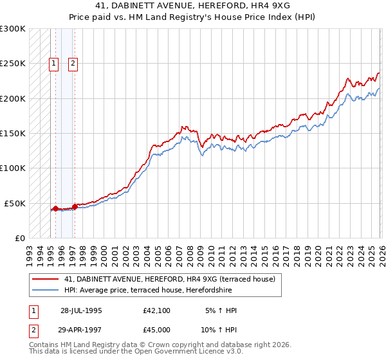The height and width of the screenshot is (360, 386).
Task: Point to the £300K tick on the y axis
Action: tap(13, 29)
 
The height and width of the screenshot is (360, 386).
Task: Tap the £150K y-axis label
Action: tap(13, 133)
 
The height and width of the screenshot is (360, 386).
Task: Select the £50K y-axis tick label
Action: tap(15, 203)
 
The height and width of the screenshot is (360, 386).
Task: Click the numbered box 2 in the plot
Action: tap(73, 63)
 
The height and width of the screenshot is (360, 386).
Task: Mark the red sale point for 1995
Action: tap(56, 208)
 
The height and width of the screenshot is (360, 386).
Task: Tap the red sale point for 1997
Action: tap(75, 206)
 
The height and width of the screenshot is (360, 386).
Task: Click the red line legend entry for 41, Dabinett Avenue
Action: tap(170, 279)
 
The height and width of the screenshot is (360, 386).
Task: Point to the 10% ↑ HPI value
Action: tap(218, 330)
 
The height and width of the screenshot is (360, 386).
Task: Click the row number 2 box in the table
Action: tap(33, 330)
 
